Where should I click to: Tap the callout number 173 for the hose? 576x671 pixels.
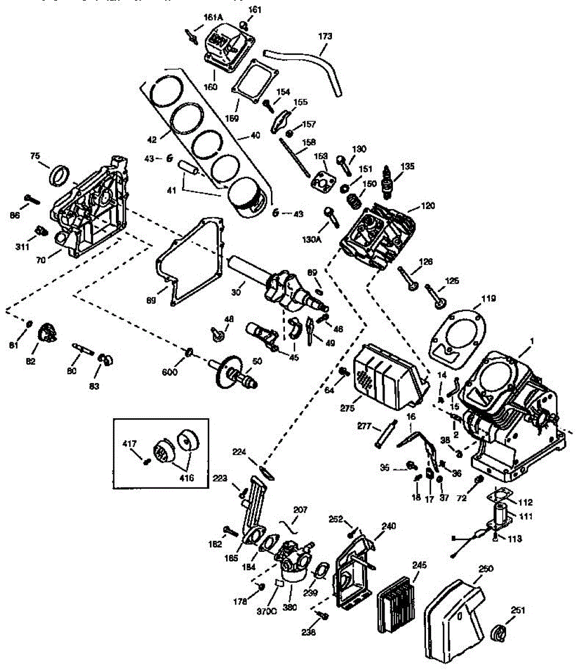point(325,36)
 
